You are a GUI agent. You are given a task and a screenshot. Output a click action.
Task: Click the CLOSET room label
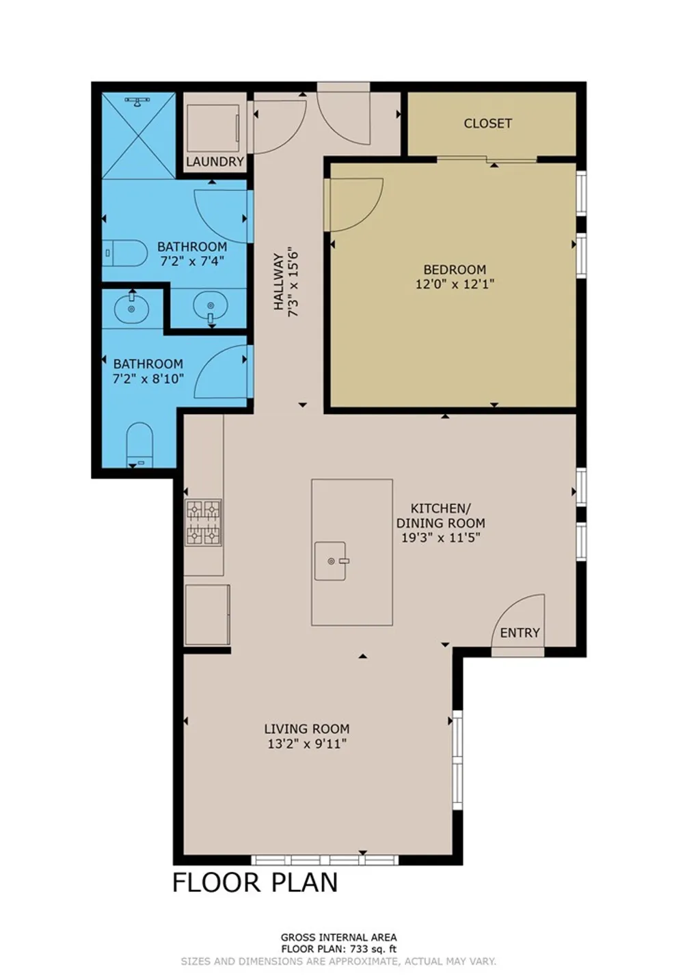coord(487,124)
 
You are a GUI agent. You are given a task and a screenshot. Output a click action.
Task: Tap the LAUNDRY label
coord(215,162)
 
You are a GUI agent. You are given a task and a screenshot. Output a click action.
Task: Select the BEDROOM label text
coord(455,270)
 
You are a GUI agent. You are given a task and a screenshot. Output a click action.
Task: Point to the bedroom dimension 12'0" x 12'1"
coord(455,284)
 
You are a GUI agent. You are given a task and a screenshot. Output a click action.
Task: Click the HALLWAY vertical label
coord(278,282)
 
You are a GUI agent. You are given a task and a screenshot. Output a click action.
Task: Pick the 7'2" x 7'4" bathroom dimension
coord(192,261)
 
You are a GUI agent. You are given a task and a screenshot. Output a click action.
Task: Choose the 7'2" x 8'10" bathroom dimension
coord(148,379)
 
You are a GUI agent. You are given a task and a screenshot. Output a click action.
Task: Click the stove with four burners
coord(204,522)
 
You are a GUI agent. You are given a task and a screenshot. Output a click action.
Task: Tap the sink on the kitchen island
coord(331,561)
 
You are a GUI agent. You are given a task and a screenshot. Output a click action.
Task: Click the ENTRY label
coord(520,633)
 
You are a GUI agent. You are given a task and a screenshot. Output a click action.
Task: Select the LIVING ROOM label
coord(307,729)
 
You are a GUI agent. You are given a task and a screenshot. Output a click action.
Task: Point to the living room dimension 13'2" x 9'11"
coord(307,744)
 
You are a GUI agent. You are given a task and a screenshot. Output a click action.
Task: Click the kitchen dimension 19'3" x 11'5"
coord(440,538)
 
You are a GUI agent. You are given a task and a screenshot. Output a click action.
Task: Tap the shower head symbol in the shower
coord(138,102)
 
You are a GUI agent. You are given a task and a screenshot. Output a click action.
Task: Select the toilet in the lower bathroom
coord(140,444)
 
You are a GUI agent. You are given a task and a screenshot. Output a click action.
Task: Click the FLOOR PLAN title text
coord(254,882)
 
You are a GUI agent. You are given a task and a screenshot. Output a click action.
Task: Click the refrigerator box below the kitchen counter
coord(207,614)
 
